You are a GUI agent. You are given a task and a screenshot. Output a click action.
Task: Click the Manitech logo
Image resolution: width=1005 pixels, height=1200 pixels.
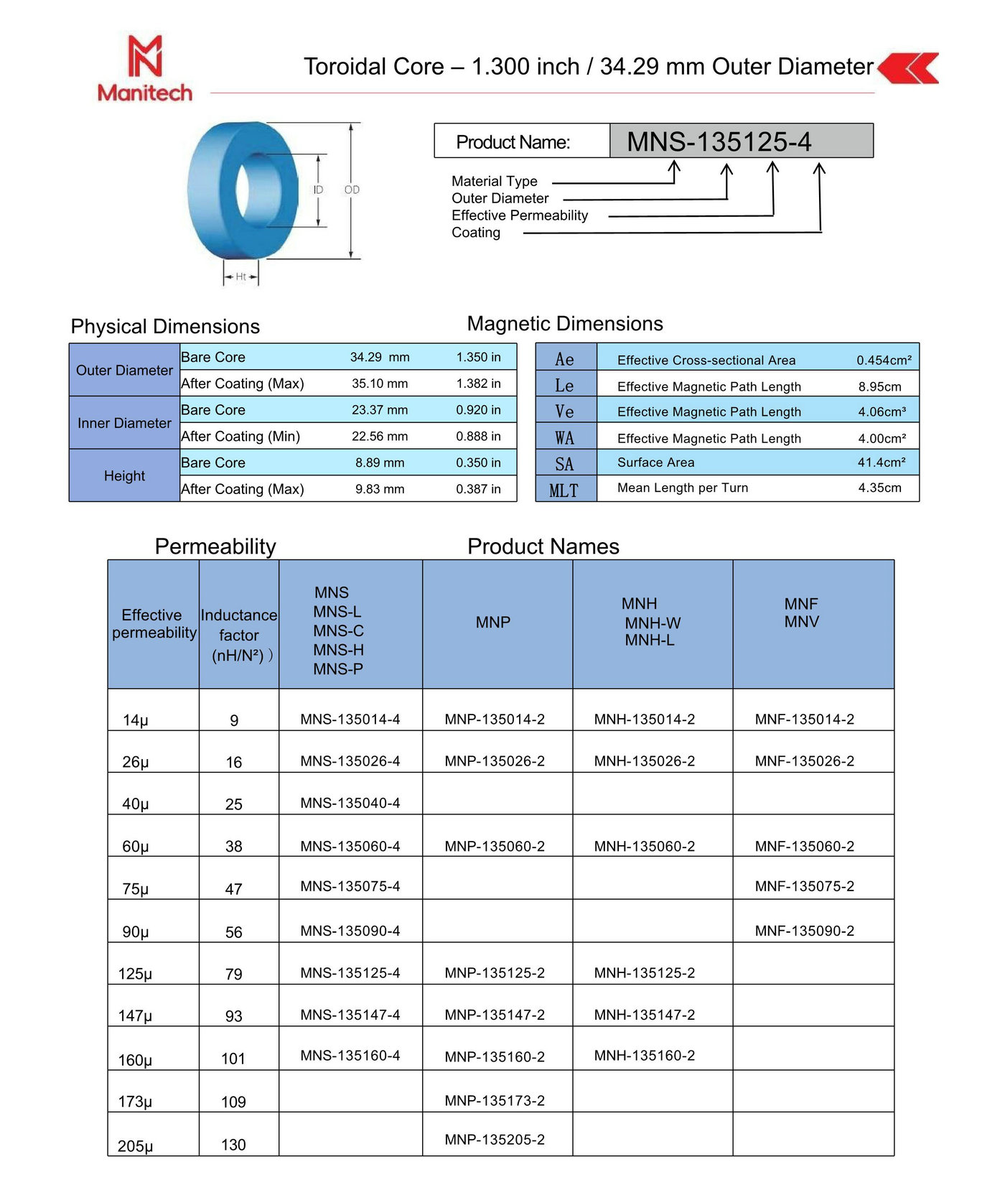[x=145, y=69]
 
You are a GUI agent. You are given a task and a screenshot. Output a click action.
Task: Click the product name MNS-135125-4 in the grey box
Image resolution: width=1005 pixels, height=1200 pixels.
[x=719, y=141]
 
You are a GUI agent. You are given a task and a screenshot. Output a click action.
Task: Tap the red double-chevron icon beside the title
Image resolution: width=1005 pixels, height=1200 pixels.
[x=909, y=68]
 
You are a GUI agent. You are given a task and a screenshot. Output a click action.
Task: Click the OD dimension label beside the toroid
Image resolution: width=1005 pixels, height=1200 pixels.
[x=352, y=190]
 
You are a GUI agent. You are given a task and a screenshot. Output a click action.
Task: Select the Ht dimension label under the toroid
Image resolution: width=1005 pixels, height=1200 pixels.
[x=241, y=276]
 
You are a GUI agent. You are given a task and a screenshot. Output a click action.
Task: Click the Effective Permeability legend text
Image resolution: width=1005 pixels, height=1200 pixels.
[x=519, y=215]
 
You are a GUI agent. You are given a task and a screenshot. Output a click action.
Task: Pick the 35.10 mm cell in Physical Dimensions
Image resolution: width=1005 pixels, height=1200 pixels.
[x=380, y=383]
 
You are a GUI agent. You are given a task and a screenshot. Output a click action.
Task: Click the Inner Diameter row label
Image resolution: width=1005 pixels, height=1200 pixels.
[x=124, y=423]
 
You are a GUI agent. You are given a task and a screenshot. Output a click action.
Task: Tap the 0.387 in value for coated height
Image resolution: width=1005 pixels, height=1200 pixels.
[x=478, y=489]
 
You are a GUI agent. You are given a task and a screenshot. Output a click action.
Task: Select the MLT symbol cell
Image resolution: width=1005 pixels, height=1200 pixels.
[x=564, y=490]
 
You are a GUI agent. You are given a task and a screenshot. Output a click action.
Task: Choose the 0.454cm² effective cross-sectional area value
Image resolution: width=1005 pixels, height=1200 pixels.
[x=884, y=360]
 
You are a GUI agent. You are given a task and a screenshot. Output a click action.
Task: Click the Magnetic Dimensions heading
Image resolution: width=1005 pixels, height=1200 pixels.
[x=565, y=324]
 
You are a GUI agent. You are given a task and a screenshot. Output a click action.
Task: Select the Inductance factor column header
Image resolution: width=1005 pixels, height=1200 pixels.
[x=239, y=635]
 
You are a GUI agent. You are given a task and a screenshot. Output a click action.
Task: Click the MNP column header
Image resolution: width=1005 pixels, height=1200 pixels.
[x=493, y=622]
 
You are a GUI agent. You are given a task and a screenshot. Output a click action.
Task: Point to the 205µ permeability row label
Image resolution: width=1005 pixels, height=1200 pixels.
[x=136, y=1145]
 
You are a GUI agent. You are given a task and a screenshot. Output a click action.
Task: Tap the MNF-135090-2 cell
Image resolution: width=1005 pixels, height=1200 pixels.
[x=804, y=931]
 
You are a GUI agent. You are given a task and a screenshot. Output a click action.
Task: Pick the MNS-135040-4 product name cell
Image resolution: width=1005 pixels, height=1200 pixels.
[x=350, y=803]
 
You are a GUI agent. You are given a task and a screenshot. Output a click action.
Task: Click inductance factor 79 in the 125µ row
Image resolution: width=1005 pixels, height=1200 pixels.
[x=234, y=974]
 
